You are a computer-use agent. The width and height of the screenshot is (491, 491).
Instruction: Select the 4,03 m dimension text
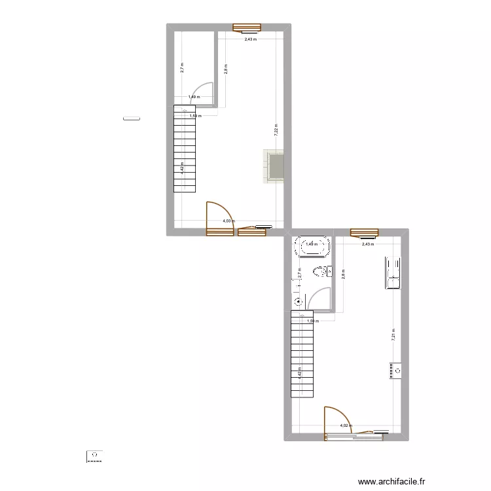[x=228, y=221]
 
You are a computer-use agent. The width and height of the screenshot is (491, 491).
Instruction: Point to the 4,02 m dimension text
[x=344, y=426]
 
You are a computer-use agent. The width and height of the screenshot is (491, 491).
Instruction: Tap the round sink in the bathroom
[x=299, y=302]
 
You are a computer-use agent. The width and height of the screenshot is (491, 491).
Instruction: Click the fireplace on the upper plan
[x=274, y=166]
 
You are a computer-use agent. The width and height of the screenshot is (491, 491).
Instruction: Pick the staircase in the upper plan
[x=185, y=149]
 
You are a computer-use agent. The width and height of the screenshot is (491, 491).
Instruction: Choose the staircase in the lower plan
[x=301, y=354]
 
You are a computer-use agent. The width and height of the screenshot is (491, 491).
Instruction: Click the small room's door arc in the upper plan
[x=203, y=92]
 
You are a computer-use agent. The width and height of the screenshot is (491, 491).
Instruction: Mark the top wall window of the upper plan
[x=247, y=27]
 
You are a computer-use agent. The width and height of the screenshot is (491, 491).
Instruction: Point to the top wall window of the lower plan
[x=364, y=232]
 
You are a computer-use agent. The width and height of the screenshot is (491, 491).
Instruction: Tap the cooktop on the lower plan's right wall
[x=396, y=371]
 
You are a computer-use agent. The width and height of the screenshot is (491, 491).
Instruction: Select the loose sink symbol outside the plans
[x=95, y=456]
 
